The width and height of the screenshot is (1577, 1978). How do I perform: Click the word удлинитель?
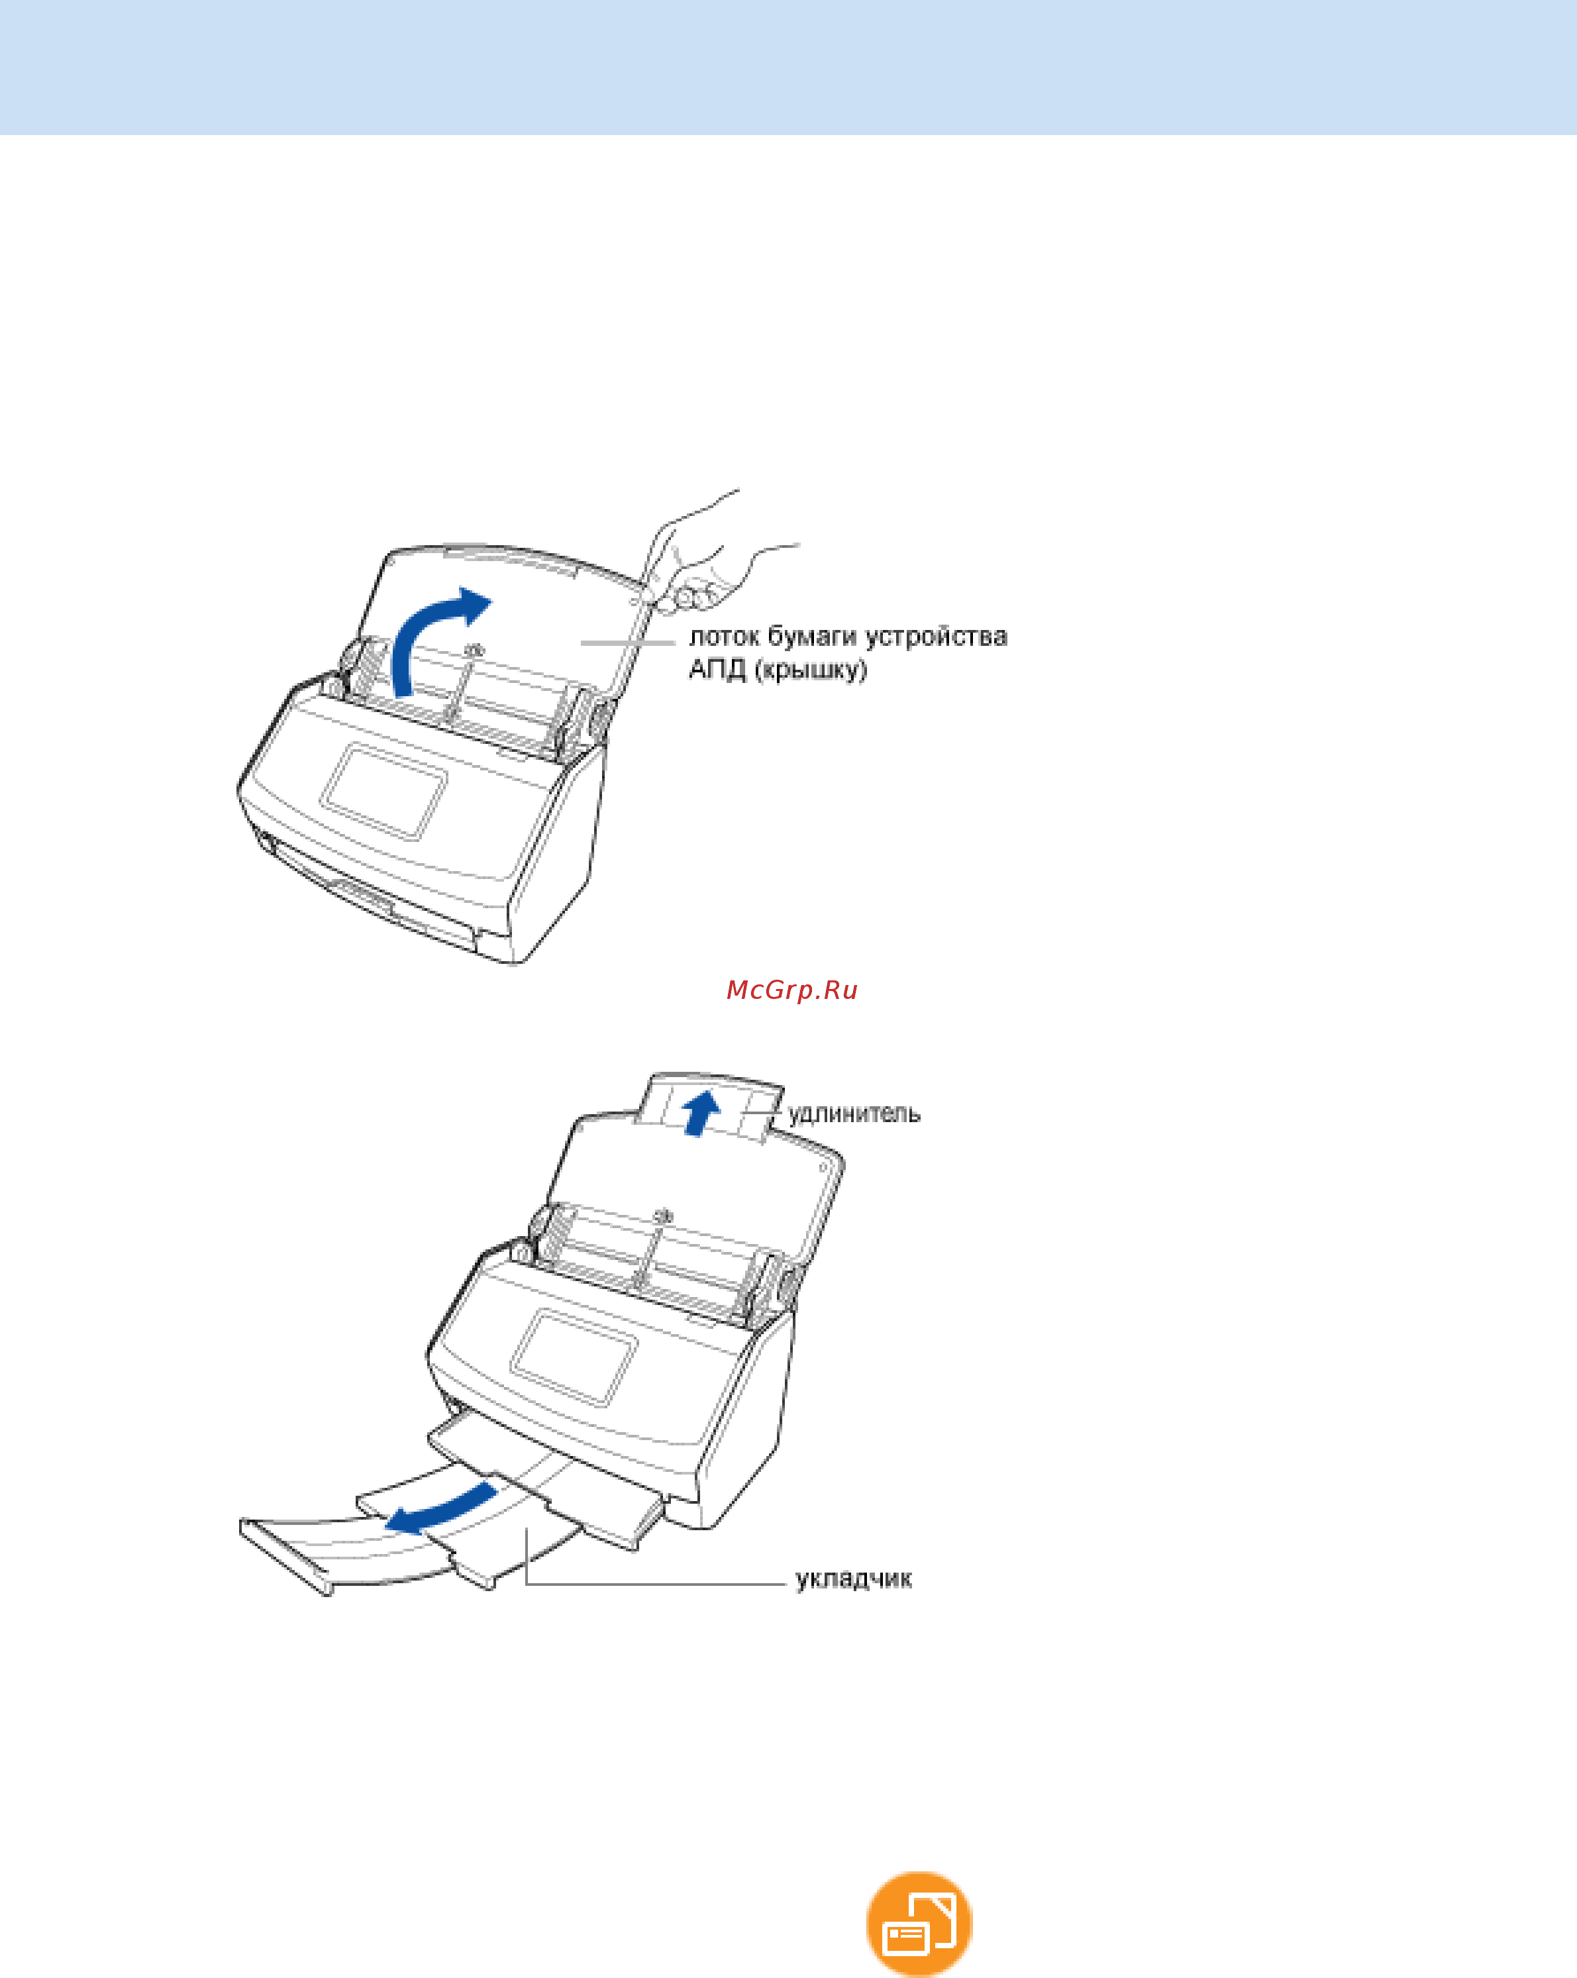click(854, 1114)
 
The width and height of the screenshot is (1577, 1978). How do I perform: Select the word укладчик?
click(853, 1579)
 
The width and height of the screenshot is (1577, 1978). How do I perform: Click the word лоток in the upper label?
click(725, 637)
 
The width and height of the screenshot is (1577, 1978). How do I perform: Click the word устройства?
click(936, 637)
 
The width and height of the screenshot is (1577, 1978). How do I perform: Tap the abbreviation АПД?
click(717, 670)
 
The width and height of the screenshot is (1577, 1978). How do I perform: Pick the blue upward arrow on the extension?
click(702, 1112)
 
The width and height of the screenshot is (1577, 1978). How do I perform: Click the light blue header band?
click(788, 67)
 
